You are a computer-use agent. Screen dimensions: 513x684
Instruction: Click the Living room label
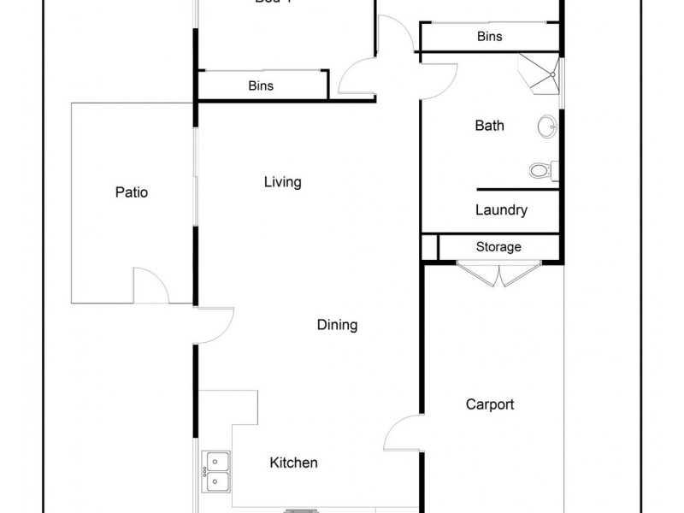coord(282,182)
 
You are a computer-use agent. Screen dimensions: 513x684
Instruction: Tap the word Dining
coord(337,325)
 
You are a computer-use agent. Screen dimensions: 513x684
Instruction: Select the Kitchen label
coord(293,463)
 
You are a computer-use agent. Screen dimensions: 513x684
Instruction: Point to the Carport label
coord(490,404)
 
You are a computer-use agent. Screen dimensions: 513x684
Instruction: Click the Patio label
coord(132,192)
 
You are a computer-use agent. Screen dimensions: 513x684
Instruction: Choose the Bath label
coord(489,126)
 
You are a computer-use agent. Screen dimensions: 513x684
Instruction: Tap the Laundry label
coord(501,209)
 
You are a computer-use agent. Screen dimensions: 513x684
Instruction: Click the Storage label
coord(498,247)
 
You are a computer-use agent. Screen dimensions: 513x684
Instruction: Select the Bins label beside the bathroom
coord(489,37)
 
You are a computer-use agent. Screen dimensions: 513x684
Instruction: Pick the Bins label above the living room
coord(261,85)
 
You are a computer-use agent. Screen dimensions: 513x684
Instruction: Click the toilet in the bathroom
coord(541,170)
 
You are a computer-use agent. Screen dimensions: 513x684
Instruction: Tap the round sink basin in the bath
coord(547,127)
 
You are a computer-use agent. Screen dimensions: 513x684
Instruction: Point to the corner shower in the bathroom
coord(541,75)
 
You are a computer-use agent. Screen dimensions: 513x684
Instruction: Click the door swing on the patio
coord(150,286)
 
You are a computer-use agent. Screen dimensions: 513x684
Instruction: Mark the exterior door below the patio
coord(214,325)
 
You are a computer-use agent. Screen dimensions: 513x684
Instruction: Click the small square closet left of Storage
coord(429,246)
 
